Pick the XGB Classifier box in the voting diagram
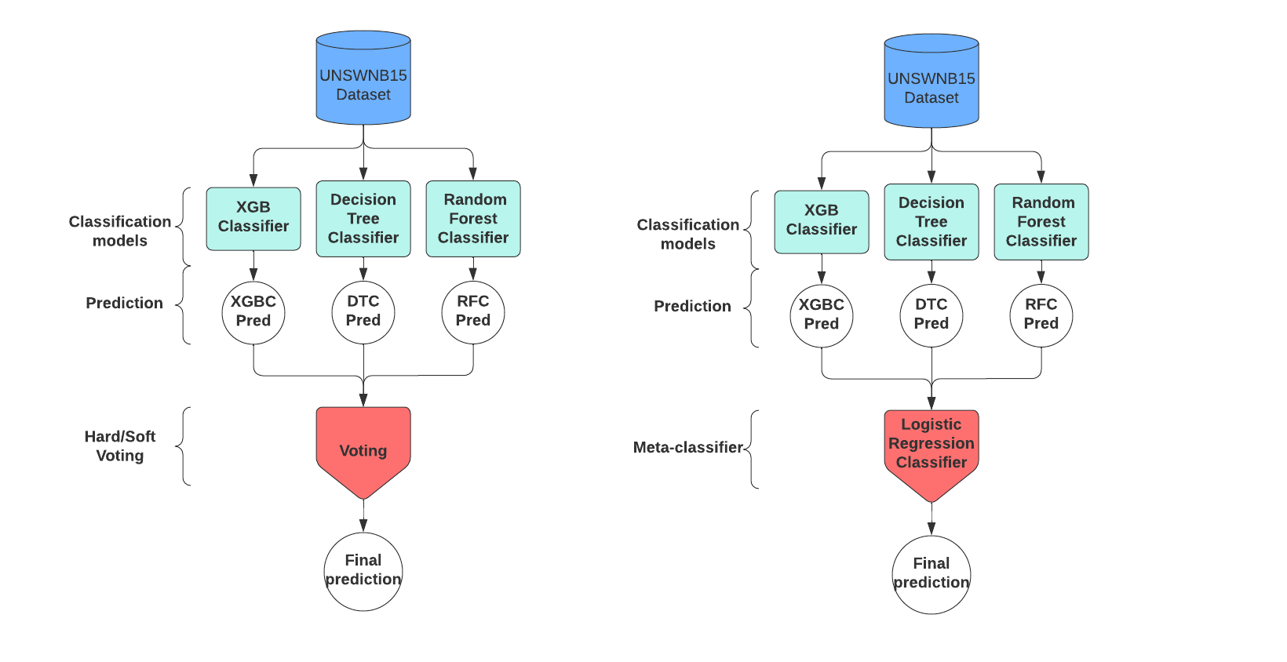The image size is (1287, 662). click(253, 218)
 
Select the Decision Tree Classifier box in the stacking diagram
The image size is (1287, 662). click(931, 222)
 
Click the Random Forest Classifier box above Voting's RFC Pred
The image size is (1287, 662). click(473, 219)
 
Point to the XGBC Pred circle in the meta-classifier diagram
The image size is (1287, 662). click(821, 315)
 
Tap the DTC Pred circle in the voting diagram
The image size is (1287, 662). click(363, 312)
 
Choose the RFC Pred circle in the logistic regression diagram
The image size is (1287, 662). click(1041, 315)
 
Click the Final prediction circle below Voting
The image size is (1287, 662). click(363, 571)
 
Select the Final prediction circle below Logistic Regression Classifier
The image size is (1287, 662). click(931, 574)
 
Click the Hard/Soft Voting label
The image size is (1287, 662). click(120, 446)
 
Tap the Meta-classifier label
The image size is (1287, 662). click(687, 447)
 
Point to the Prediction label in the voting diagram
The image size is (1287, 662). click(124, 303)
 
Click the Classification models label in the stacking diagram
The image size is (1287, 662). click(687, 234)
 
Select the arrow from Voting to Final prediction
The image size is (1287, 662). click(363, 516)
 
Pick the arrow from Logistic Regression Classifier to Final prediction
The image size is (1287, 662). click(932, 519)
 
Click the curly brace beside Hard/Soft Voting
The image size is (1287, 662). click(184, 446)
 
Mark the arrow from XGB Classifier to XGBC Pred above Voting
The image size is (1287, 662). click(253, 266)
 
